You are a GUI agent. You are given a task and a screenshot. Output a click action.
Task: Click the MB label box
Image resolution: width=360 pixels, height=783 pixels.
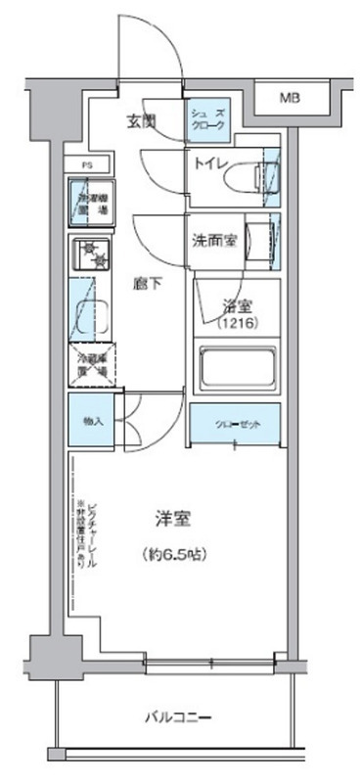point(290,97)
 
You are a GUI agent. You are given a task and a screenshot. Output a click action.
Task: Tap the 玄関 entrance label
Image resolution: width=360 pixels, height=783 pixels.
point(142,122)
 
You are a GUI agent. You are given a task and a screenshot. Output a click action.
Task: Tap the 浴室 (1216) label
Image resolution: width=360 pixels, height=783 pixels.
point(234,313)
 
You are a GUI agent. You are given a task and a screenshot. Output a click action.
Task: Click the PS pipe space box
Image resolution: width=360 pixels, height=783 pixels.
point(86,165)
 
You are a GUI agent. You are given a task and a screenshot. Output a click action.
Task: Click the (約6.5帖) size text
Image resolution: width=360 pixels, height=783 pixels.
point(173,554)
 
